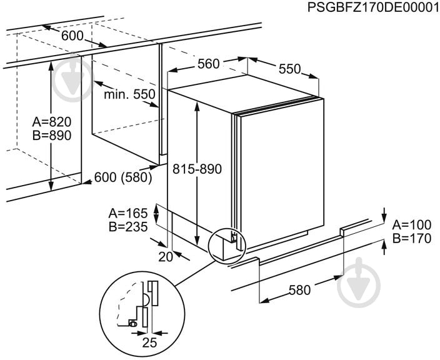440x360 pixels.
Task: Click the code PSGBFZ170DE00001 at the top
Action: (x=373, y=7)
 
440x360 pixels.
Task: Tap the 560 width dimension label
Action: (x=209, y=64)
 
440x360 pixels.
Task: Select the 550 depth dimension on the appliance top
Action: (x=289, y=69)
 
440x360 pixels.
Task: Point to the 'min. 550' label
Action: (x=129, y=94)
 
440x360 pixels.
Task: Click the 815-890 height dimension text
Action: (x=197, y=169)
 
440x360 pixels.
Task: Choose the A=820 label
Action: (x=52, y=122)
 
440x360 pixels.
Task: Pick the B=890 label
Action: (x=52, y=136)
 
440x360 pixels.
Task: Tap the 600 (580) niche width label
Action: (x=123, y=177)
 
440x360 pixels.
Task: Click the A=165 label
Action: (x=128, y=214)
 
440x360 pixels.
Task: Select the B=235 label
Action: (x=128, y=227)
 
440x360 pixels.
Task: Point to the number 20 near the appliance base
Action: (x=166, y=257)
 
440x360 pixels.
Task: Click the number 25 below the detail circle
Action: (x=149, y=342)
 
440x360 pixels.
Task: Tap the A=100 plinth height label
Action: (x=412, y=225)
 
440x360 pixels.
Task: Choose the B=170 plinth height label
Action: (x=412, y=239)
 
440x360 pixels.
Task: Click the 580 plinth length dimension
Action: (x=300, y=290)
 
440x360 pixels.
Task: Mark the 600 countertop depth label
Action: (x=72, y=36)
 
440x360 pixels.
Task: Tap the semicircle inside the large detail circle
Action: (x=146, y=299)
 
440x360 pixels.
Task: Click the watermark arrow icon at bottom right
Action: (x=359, y=282)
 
